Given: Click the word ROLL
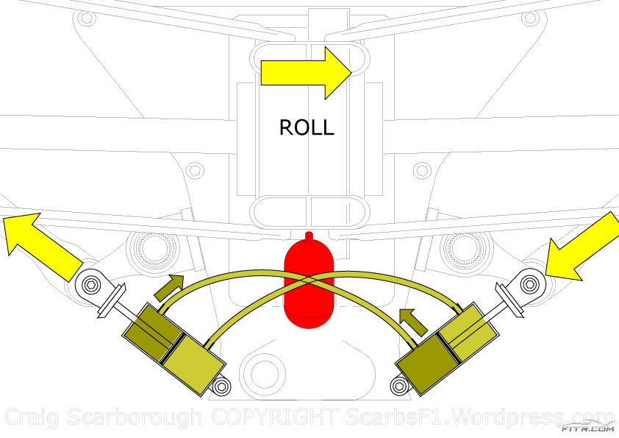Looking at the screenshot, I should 307,127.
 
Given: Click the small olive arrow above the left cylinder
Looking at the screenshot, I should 169,286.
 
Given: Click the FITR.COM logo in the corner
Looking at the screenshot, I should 587,425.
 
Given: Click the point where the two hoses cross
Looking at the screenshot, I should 309,282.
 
